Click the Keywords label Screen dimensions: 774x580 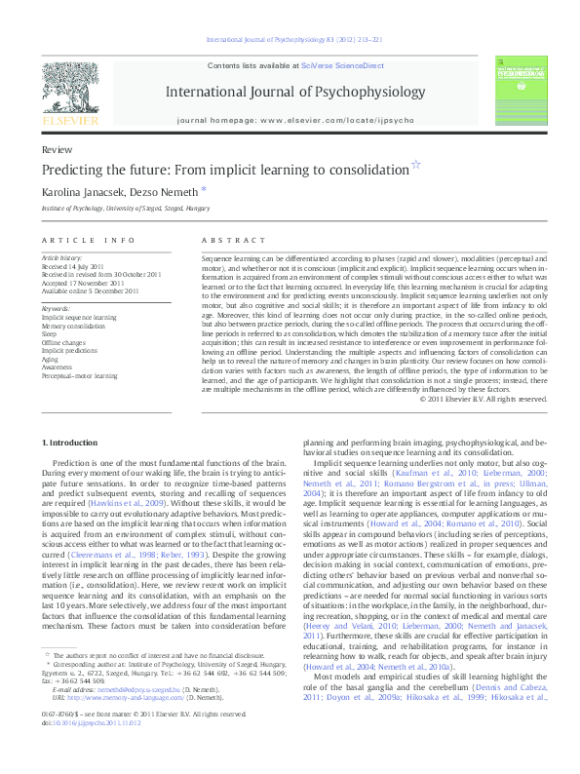pos(56,309)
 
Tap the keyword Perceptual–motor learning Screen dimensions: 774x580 pos(80,375)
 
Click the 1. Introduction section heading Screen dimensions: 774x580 pos(73,444)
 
